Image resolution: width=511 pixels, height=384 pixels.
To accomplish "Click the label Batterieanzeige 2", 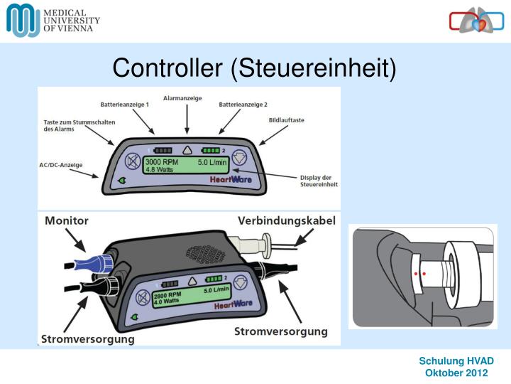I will (243, 105).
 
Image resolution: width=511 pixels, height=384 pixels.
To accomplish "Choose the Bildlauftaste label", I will (286, 120).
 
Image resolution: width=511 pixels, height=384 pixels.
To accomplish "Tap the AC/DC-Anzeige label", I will (60, 165).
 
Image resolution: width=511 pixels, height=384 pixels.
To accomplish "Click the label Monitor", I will (67, 221).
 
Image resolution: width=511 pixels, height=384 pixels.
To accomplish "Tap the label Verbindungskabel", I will (286, 221).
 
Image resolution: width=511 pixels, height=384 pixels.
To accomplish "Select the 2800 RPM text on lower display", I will (163, 294).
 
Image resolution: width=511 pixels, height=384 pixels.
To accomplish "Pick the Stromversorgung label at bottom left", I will (88, 339).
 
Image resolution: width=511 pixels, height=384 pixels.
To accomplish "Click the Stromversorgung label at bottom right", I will (281, 331).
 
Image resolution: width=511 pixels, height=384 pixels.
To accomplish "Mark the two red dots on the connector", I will (419, 272).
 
